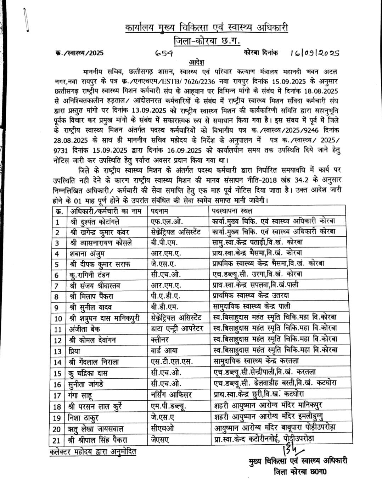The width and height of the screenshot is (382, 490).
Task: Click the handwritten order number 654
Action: (164, 53)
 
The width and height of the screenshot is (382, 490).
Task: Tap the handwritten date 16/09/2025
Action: (314, 53)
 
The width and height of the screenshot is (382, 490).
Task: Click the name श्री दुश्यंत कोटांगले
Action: (95, 222)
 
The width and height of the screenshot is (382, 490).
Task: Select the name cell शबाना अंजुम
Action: (87, 254)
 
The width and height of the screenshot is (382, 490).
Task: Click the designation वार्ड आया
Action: (163, 351)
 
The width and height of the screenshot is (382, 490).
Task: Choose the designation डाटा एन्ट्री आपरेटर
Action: (176, 329)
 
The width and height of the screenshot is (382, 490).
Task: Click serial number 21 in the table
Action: (57, 440)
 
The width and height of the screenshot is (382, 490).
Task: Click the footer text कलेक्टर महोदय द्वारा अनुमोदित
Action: (93, 452)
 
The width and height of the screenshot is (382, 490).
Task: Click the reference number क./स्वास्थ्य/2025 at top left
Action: (77, 53)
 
